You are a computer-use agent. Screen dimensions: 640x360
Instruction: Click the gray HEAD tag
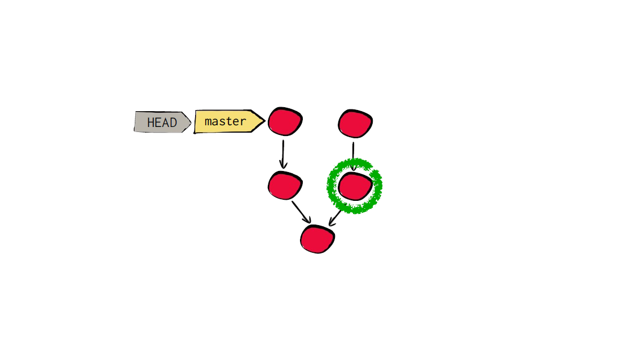(x=162, y=122)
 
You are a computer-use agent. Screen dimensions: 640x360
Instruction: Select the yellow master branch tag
(x=229, y=121)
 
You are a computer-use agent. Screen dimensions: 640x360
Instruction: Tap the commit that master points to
(x=285, y=121)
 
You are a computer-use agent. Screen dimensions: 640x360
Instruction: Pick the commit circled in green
(x=355, y=186)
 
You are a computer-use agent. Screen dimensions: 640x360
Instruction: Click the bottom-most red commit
(x=317, y=239)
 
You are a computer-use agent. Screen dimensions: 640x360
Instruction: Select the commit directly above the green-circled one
(x=355, y=124)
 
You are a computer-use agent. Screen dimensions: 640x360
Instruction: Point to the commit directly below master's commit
(x=285, y=186)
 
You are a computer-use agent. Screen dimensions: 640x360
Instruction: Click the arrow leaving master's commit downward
(x=283, y=154)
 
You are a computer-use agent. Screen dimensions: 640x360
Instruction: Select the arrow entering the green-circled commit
(x=354, y=156)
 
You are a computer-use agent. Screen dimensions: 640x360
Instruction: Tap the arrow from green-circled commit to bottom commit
(x=335, y=218)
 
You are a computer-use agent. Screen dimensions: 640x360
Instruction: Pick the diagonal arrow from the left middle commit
(x=301, y=212)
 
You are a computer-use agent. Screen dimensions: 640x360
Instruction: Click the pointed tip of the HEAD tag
(x=191, y=122)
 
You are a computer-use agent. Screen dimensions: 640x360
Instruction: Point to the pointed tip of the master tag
(x=266, y=121)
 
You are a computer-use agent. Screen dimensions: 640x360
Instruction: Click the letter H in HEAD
(x=151, y=122)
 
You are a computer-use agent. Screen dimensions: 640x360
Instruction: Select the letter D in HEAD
(x=174, y=122)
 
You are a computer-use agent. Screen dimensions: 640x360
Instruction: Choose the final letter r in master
(x=243, y=122)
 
